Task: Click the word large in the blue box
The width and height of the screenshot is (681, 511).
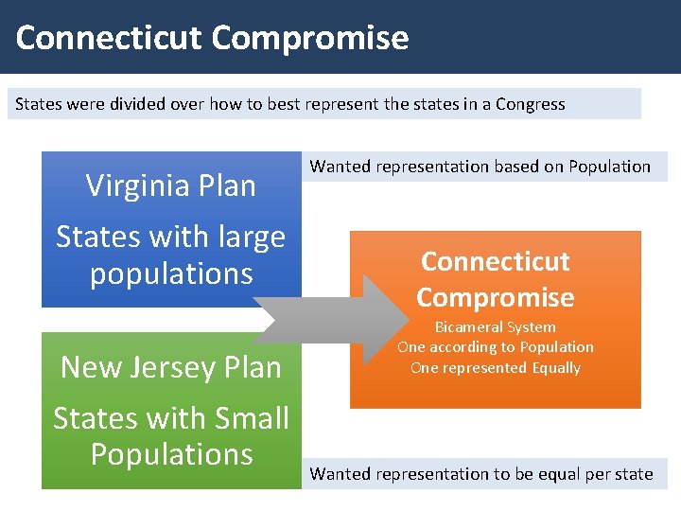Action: click(x=251, y=237)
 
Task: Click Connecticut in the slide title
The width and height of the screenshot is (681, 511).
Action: click(x=110, y=38)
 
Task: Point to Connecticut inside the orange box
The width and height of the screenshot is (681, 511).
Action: click(x=496, y=261)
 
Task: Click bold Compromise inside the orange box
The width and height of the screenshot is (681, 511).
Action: click(x=496, y=297)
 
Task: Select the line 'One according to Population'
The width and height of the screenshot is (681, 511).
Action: click(x=496, y=347)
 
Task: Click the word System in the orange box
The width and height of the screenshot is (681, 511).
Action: click(x=532, y=327)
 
